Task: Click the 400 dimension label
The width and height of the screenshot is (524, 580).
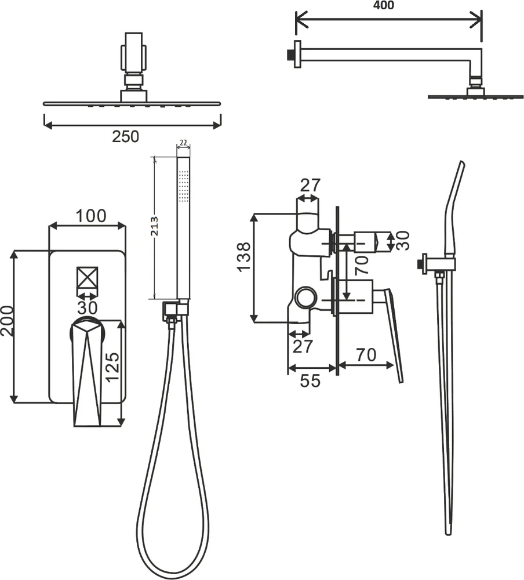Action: [x=384, y=6]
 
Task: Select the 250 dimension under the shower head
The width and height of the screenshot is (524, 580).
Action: [x=126, y=137]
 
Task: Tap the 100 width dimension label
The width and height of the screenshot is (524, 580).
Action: [x=92, y=216]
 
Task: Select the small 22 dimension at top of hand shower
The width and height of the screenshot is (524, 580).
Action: [x=183, y=143]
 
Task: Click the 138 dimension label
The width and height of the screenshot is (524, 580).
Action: [x=243, y=257]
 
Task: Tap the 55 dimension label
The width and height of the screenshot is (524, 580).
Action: [x=311, y=381]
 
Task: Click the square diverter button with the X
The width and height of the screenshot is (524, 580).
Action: [x=87, y=278]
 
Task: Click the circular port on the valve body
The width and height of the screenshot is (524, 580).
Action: [x=306, y=299]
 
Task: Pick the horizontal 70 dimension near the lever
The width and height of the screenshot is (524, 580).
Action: [x=366, y=354]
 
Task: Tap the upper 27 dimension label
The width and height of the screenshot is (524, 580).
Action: [x=310, y=186]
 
